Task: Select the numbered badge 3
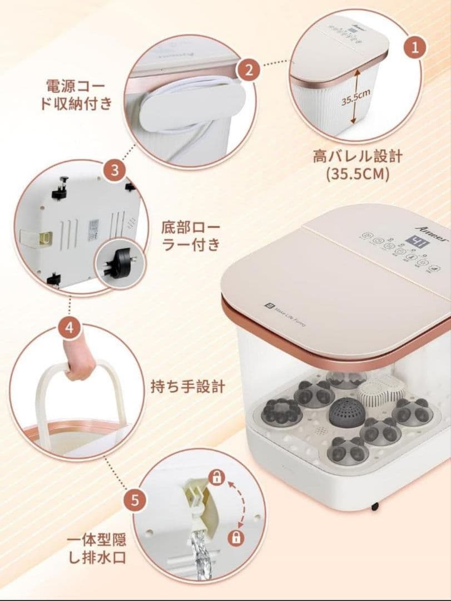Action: coord(115,171)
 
